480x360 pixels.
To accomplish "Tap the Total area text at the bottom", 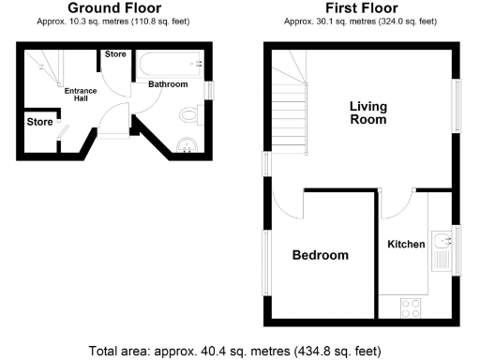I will coord(235,352).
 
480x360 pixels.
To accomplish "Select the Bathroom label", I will coord(168,84).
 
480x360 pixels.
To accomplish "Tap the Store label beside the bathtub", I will coord(115,54).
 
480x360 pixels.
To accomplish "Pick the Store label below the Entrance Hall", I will coord(39,122).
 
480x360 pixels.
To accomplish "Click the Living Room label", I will coord(368,112).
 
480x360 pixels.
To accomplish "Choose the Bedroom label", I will coord(320,255).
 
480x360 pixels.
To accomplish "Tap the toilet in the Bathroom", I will coord(191,115).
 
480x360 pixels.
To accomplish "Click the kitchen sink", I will coord(442,246).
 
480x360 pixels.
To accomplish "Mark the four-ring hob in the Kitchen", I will coord(411,307).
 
